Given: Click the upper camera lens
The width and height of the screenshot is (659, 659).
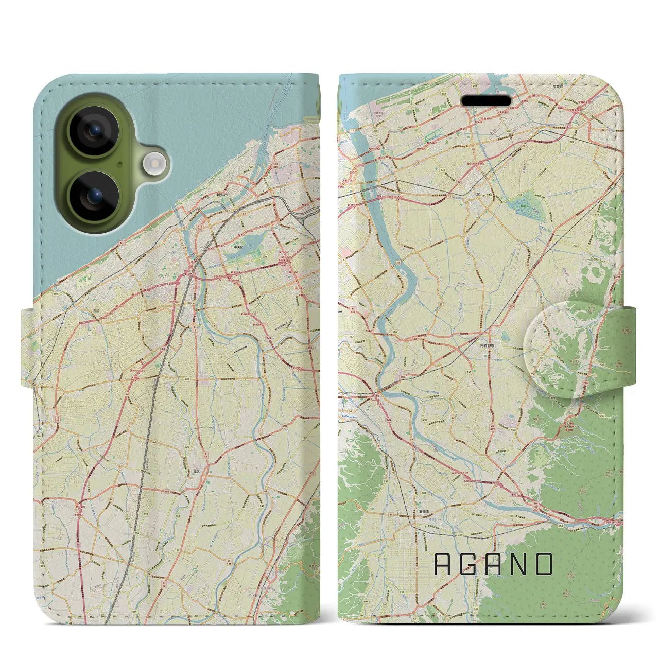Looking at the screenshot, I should [94, 131].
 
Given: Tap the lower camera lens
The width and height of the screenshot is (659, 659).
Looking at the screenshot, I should [94, 196].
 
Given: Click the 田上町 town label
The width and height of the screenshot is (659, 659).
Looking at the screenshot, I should [253, 595].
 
